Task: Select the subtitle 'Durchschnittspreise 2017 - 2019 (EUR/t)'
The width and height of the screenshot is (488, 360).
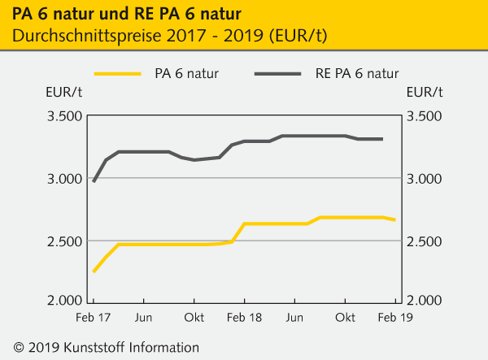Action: (171, 37)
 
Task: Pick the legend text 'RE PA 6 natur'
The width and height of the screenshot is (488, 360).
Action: (357, 74)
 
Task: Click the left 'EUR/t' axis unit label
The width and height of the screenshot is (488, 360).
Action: (62, 91)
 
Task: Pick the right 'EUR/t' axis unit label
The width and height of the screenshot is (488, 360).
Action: (425, 91)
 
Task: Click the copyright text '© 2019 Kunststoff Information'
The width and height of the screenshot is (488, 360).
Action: (102, 347)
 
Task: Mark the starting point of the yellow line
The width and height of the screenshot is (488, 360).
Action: (94, 271)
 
